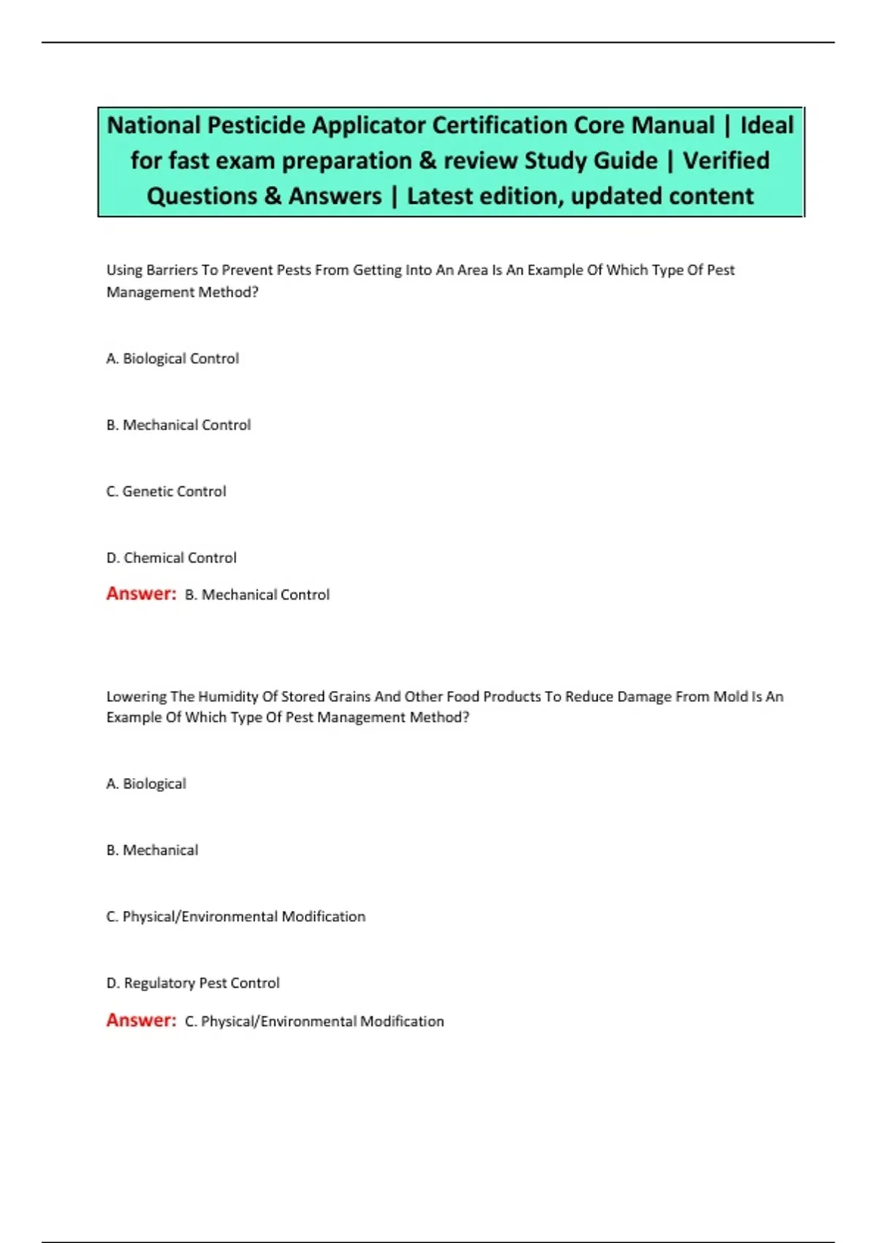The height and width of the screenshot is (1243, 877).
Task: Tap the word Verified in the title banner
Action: click(x=726, y=160)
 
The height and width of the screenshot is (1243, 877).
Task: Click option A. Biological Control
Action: click(x=172, y=358)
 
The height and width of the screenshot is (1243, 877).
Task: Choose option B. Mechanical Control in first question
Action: click(x=178, y=425)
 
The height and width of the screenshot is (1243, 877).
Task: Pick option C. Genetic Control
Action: click(x=166, y=491)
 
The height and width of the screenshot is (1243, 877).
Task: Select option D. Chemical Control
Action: click(x=171, y=558)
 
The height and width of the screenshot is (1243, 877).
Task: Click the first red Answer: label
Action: click(x=141, y=594)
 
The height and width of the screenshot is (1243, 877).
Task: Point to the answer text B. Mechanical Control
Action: click(x=257, y=595)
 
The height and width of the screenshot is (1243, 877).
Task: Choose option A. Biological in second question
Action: click(x=146, y=784)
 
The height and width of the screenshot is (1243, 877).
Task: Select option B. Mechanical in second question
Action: click(x=152, y=850)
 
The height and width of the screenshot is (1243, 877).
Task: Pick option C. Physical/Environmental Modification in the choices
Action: click(x=235, y=917)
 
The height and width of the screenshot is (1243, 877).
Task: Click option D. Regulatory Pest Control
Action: click(x=193, y=983)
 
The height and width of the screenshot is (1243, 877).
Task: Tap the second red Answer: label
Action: click(x=141, y=1020)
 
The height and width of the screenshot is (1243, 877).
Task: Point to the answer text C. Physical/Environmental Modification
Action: click(x=314, y=1021)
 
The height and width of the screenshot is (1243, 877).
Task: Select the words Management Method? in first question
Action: click(x=182, y=292)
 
